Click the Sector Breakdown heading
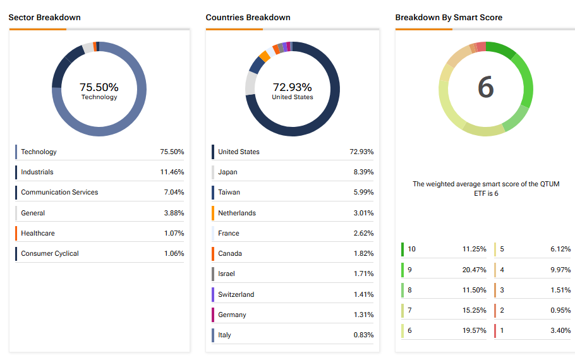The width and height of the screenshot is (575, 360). [x=44, y=17]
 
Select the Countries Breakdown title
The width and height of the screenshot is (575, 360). [x=248, y=17]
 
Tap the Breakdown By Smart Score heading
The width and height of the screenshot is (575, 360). [x=449, y=17]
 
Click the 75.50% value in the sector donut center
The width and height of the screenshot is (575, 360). [x=99, y=87]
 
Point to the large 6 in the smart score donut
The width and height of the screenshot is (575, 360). [x=485, y=87]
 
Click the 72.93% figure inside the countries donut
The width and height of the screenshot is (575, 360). [x=292, y=87]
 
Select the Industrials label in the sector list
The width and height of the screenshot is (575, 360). [x=37, y=172]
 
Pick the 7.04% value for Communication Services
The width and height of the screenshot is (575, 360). [x=172, y=192]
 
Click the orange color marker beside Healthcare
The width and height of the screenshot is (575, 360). [x=16, y=233]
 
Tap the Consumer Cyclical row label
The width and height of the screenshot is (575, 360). [x=50, y=253]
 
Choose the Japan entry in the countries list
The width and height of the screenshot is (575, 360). [x=227, y=172]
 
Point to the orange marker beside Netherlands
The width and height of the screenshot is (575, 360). [x=213, y=213]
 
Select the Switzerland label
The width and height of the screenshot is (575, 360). [x=236, y=294]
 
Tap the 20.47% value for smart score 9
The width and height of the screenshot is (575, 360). [x=474, y=269]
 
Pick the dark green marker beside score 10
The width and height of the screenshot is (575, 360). [x=402, y=249]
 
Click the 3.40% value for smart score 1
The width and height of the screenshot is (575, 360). [x=560, y=330]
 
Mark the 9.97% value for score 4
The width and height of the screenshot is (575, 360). [x=560, y=269]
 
